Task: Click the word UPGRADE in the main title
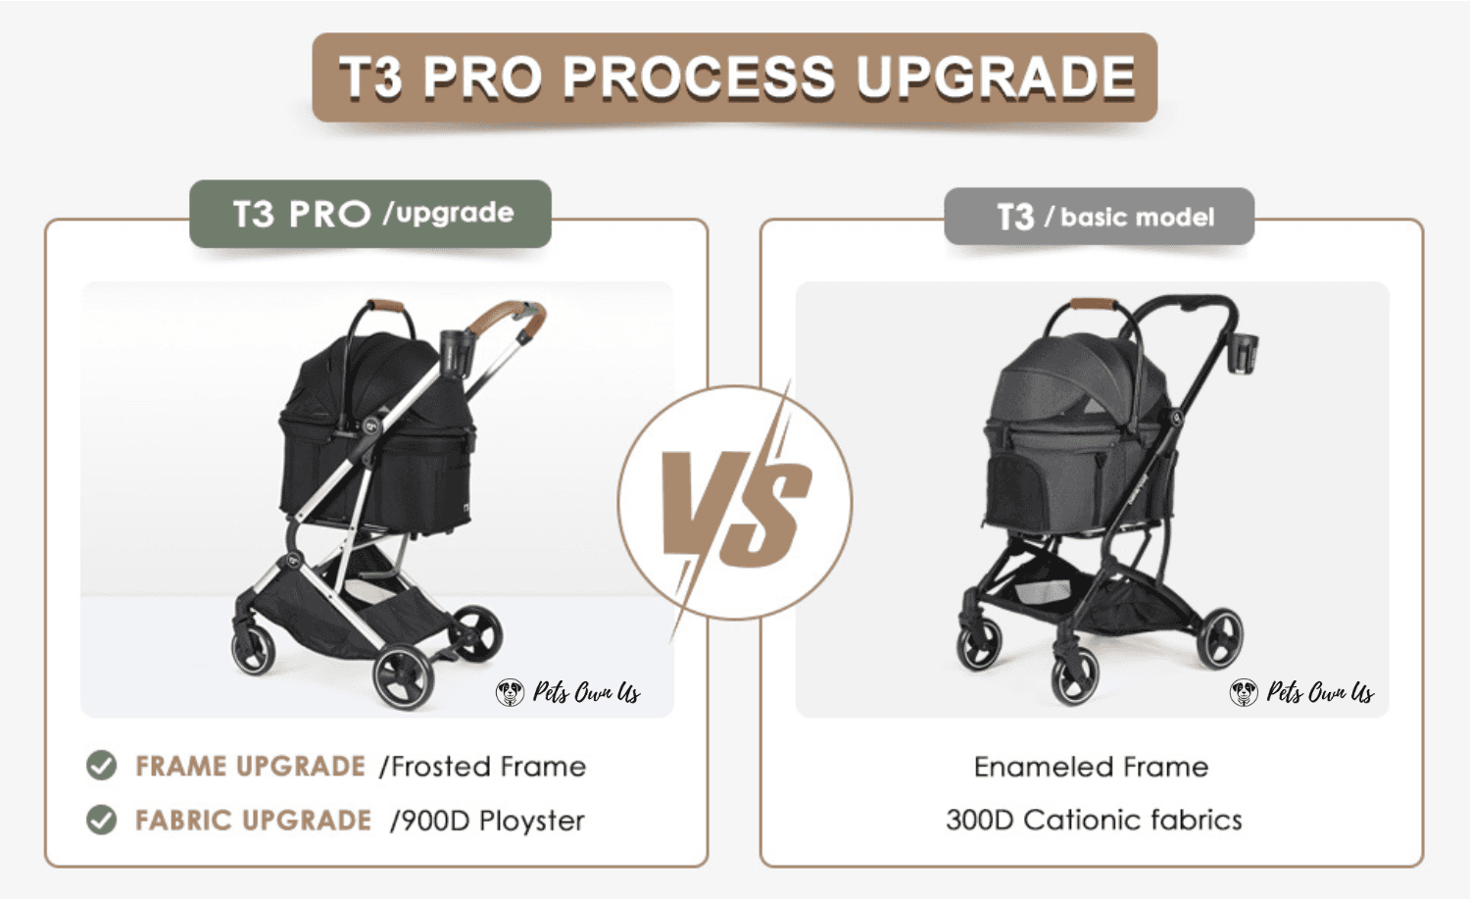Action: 996,76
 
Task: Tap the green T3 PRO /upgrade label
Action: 370,214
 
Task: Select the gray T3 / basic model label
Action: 1100,217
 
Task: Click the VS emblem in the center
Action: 735,503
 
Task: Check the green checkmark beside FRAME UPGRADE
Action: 102,765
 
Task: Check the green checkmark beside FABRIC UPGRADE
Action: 102,820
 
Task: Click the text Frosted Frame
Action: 488,767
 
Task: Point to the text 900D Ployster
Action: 492,821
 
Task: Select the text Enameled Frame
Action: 1091,767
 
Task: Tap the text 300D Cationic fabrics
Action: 1094,820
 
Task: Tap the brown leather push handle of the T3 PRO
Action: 509,318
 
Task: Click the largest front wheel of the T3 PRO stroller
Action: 403,677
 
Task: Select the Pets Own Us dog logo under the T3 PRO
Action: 510,693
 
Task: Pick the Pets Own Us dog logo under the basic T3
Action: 1244,693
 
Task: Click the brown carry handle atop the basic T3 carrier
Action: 1093,303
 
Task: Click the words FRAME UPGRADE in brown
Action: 250,766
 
